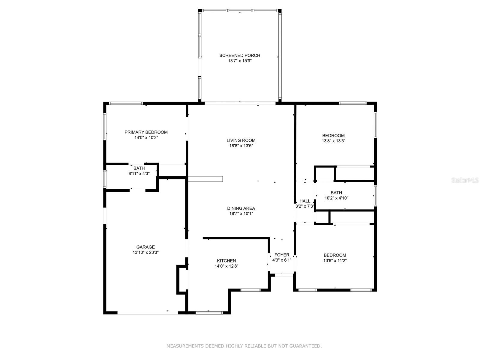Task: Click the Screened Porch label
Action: (x=240, y=55)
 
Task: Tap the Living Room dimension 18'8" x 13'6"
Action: (x=241, y=146)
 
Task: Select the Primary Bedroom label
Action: (x=146, y=132)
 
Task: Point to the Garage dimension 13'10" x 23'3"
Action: (x=145, y=253)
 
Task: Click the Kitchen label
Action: (x=226, y=261)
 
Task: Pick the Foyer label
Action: (x=282, y=255)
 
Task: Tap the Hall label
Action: (x=305, y=201)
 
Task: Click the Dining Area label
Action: (x=241, y=208)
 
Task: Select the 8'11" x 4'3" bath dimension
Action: (x=139, y=174)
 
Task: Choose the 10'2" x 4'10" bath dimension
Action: (x=336, y=198)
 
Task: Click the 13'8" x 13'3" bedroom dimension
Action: (x=334, y=141)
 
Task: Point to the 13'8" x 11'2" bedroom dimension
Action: (x=335, y=260)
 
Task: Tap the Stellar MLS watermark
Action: (x=465, y=180)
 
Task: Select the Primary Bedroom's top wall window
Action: (x=126, y=103)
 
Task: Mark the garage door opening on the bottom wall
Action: (x=148, y=313)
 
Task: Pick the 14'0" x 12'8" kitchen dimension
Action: (x=226, y=266)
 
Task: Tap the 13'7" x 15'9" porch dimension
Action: (x=240, y=61)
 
